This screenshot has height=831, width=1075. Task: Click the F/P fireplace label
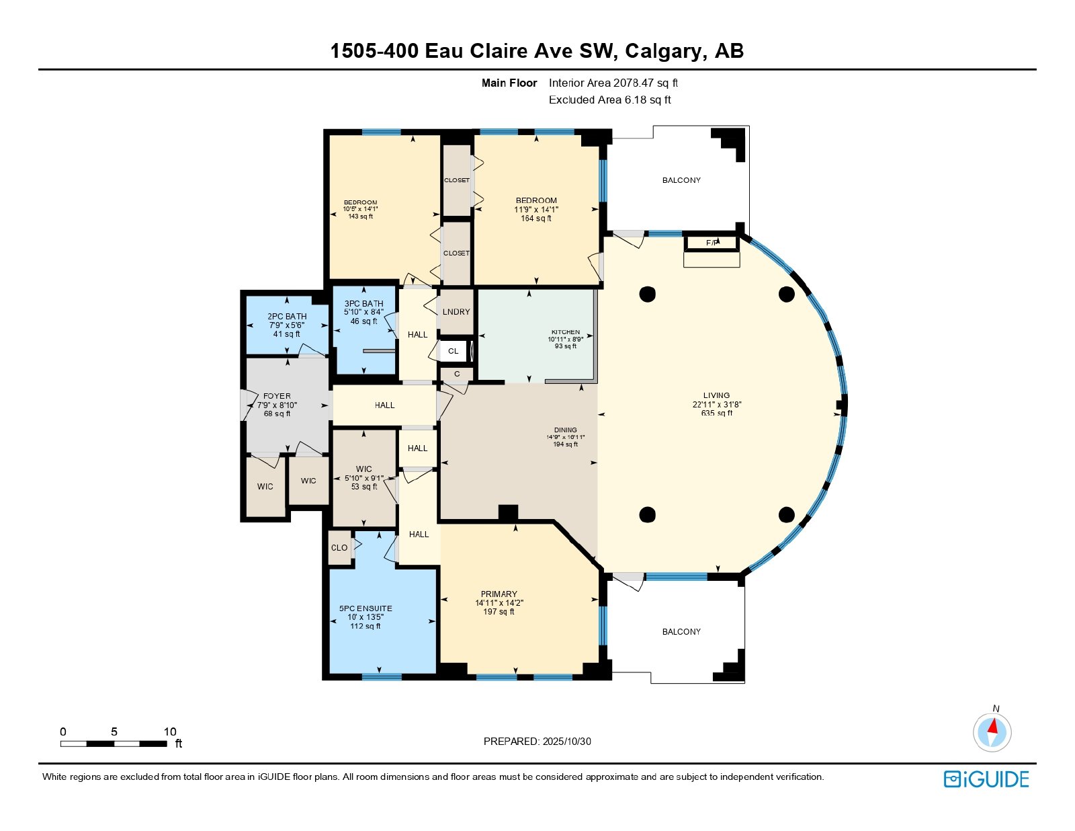[x=712, y=243]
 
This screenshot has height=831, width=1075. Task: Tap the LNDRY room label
[x=456, y=311]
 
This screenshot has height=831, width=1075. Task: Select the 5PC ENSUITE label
[x=365, y=608]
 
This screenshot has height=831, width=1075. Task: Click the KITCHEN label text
[x=566, y=332]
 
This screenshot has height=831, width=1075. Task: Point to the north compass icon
[x=992, y=731]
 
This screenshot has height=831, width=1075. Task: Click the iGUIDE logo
[x=986, y=779]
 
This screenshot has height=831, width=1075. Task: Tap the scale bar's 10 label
[x=170, y=732]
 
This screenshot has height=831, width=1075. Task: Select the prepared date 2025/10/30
[x=565, y=742]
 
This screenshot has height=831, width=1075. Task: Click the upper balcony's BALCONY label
[x=681, y=180]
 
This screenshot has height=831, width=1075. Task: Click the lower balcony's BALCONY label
[x=681, y=631]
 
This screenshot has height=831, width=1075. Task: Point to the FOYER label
[x=277, y=396]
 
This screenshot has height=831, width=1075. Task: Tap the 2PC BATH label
[x=287, y=316]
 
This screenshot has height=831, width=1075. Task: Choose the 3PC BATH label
[x=363, y=304]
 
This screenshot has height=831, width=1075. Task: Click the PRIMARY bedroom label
[x=499, y=594]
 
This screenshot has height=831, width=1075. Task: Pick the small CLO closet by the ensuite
[x=339, y=547]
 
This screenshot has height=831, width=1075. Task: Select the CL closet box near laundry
[x=454, y=351]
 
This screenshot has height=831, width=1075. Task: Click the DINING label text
[x=566, y=430]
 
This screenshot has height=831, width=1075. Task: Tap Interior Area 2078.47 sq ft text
[x=613, y=83]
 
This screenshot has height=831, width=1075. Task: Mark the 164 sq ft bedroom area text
[x=536, y=218]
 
